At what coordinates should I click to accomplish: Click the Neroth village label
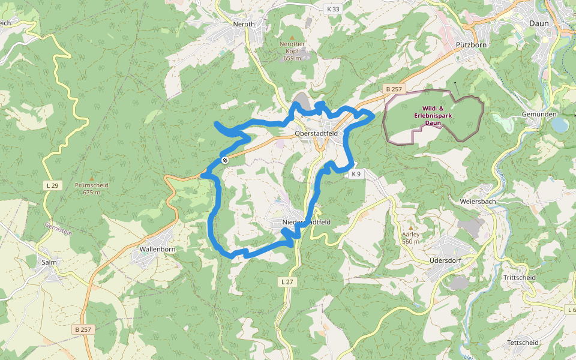coord(244,24)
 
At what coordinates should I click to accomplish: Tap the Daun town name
coord(539,23)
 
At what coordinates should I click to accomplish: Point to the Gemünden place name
coord(539,114)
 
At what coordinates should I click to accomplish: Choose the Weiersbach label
coord(478,202)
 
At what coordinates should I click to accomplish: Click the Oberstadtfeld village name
coord(316,133)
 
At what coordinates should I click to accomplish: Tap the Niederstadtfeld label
coord(306,222)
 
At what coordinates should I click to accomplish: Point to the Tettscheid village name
coord(523,343)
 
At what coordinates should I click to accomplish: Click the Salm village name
coord(49,262)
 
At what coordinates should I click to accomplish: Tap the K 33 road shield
coord(333,9)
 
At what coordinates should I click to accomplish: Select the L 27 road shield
coord(287,281)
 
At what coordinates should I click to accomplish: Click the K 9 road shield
coord(356,174)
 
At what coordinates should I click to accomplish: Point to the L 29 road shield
coord(53,186)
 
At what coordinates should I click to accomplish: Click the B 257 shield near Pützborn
coord(395,89)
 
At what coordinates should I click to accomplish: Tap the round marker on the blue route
coord(224,160)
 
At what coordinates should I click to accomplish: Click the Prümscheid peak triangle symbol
coord(92,178)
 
